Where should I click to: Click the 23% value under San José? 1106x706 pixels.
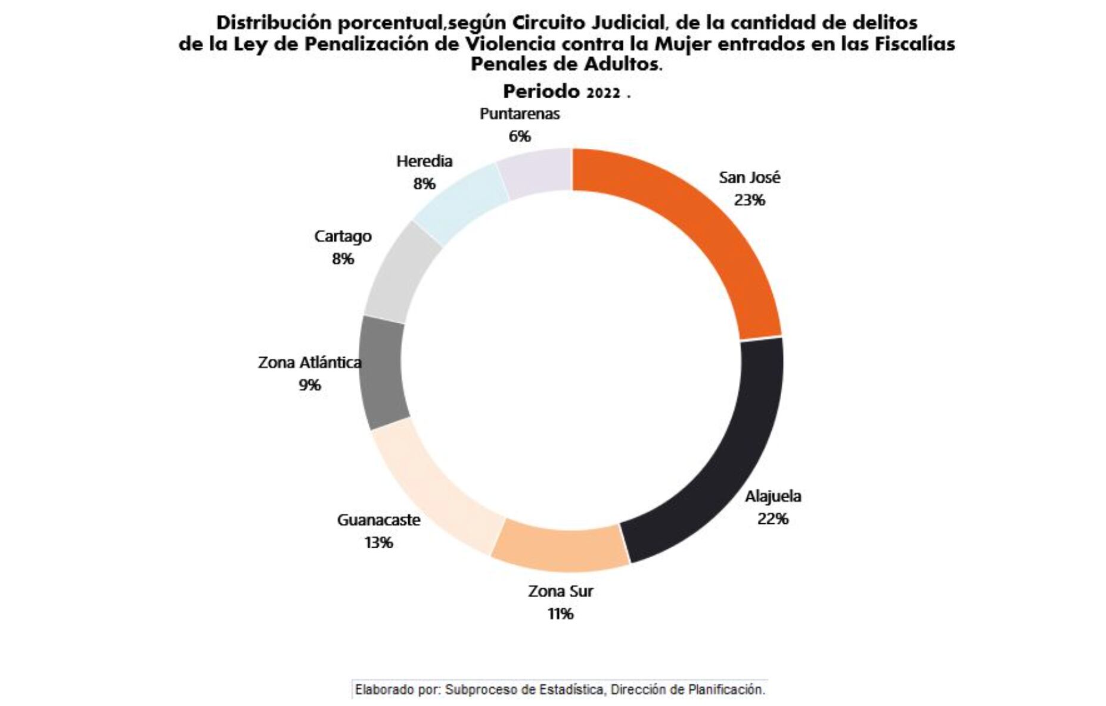[749, 200]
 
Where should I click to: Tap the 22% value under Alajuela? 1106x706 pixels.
[772, 519]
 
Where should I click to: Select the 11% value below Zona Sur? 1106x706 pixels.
[560, 614]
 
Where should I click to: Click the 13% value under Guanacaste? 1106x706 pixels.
[378, 543]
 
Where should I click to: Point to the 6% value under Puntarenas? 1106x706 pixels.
[519, 136]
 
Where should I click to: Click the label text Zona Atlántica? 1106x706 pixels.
[309, 363]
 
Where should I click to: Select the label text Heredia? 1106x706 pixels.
[424, 161]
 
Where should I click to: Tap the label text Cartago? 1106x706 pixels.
[343, 236]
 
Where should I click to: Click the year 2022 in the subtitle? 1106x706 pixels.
[602, 93]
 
